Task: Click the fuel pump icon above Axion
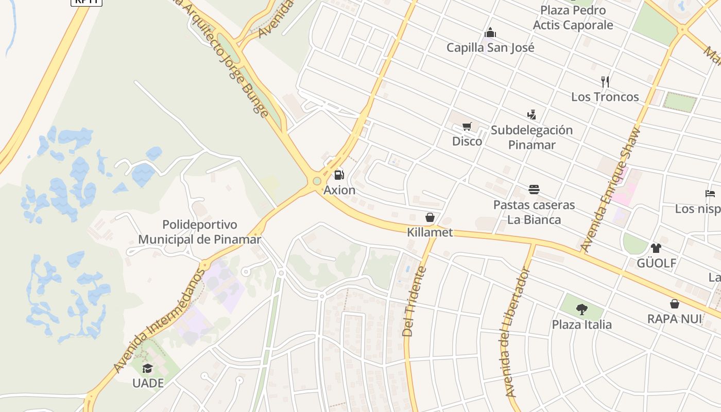[x=339, y=175]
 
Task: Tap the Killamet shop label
[x=430, y=232]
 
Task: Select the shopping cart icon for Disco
[x=467, y=127]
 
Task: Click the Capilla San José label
[x=490, y=48]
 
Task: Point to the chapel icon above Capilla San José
[x=490, y=33]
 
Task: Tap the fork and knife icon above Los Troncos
[x=605, y=81]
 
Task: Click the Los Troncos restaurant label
[x=605, y=97]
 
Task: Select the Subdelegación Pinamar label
[x=531, y=137]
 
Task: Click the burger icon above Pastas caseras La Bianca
[x=534, y=190]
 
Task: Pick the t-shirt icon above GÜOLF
[x=656, y=248]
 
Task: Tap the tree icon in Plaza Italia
[x=582, y=310]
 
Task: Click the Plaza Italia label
[x=582, y=324]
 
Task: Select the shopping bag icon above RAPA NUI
[x=675, y=304]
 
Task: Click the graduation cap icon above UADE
[x=148, y=368]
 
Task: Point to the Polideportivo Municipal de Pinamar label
[x=200, y=232]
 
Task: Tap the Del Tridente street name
[x=414, y=301]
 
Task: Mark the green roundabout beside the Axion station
[x=317, y=181]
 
